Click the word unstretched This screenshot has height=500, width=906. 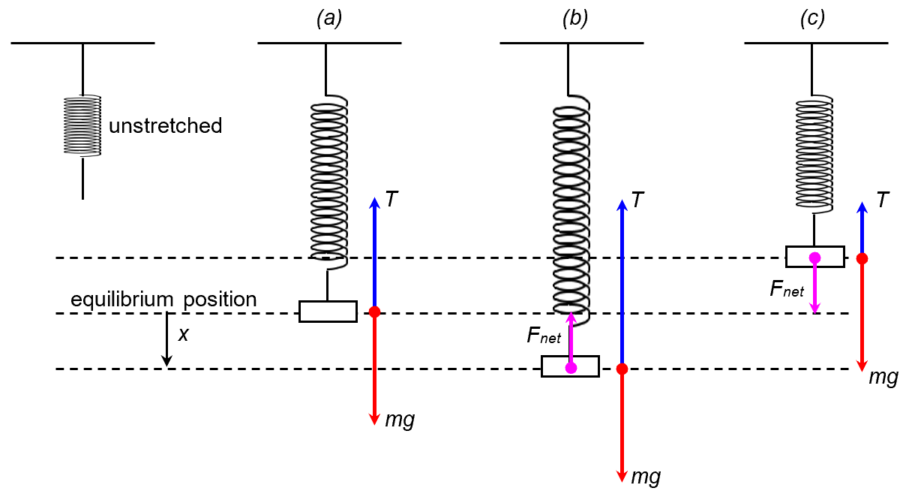pyautogui.click(x=166, y=125)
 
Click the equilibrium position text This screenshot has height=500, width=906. pyautogui.click(x=163, y=300)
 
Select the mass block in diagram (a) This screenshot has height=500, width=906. pyautogui.click(x=328, y=311)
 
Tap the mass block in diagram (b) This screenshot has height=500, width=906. pyautogui.click(x=570, y=366)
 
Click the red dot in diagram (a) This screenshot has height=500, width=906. pyautogui.click(x=375, y=312)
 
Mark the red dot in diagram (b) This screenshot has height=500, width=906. pyautogui.click(x=622, y=369)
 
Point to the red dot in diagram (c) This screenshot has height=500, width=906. pyautogui.click(x=862, y=258)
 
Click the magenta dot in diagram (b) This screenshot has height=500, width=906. pyautogui.click(x=571, y=368)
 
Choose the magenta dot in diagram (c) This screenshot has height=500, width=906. pyautogui.click(x=814, y=258)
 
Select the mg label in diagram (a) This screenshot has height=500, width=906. pyautogui.click(x=399, y=420)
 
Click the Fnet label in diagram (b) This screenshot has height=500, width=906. pyautogui.click(x=544, y=337)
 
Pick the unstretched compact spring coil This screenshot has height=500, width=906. pyautogui.click(x=82, y=125)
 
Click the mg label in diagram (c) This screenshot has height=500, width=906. pyautogui.click(x=883, y=377)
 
